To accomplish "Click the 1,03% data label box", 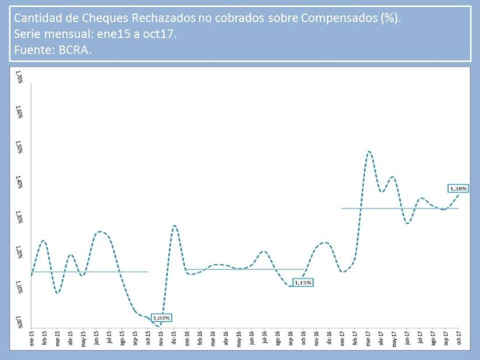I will [161, 318].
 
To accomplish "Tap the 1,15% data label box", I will [303, 282].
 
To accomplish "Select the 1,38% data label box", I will [458, 188].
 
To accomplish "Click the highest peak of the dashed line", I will [369, 151].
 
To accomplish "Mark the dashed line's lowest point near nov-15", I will [159, 326].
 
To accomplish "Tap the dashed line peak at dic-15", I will [174, 226].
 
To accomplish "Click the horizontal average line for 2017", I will [409, 207].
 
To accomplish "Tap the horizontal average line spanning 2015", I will [88, 271].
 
